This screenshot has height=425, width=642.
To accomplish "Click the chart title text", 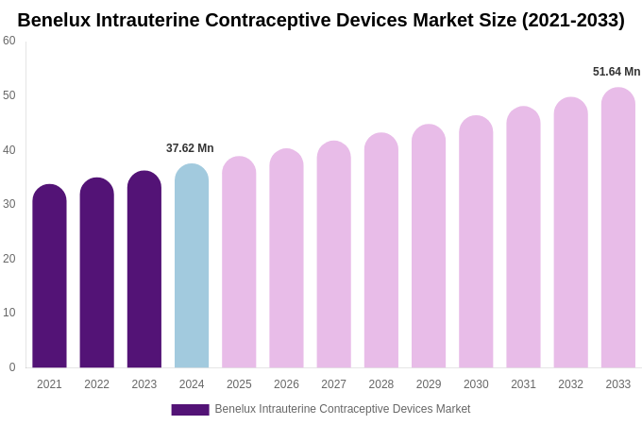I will pos(321,20).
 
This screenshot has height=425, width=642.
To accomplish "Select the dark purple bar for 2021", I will pos(49,279).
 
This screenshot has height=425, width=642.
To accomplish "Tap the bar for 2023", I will pos(144,272).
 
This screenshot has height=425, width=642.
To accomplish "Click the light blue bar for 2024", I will pos(192,268).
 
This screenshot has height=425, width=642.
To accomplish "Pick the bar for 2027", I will pos(333,257).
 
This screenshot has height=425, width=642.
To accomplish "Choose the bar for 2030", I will pos(476,244).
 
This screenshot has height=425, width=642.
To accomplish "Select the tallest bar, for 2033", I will pos(618,229).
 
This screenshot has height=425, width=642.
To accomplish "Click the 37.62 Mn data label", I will pos(190,148).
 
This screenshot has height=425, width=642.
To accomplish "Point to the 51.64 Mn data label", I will pos(617,72).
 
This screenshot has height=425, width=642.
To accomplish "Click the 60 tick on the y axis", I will pos(9,41).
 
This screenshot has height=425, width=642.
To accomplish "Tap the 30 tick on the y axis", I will pos(9,204).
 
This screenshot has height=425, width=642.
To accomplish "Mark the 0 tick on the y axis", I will pos(12,367).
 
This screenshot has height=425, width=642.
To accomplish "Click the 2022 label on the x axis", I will pos(96,384).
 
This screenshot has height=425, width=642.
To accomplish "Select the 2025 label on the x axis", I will pos(239,384).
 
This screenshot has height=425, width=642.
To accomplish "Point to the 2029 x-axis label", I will pos(429,384).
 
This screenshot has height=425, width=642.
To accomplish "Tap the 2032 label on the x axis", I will pos(570,384).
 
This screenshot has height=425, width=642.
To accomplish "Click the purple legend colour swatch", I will pos(190,410).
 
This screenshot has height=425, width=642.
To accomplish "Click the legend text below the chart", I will pos(342,409).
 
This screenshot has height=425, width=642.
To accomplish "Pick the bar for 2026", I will pos(286,261).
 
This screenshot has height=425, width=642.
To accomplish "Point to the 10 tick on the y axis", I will pos(9,313).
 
